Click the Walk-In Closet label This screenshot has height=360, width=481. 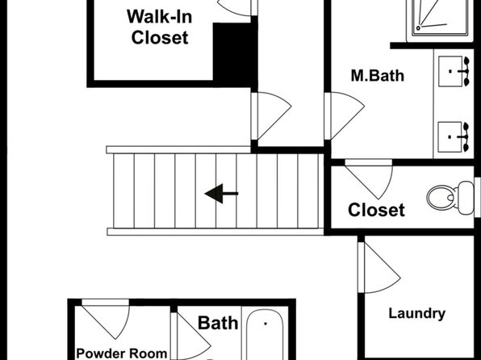click(160, 27)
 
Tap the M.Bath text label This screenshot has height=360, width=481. click(378, 76)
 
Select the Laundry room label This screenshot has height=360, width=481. click(417, 314)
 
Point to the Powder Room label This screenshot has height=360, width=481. click(122, 354)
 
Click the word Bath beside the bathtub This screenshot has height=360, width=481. click(218, 323)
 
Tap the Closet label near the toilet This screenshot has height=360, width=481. click(376, 210)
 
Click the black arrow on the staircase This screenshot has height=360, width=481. click(221, 194)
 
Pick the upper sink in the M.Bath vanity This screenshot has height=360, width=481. click(454, 71)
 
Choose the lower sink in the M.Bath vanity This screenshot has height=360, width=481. click(454, 137)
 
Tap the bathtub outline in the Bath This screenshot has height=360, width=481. click(265, 335)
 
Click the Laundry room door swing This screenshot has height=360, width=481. click(379, 267)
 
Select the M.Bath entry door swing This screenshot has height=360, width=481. click(345, 116)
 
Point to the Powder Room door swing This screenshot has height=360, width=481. click(106, 319)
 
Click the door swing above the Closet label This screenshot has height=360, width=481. click(369, 179)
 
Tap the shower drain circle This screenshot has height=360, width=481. click(418, 28)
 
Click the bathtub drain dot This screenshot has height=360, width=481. click(266, 324)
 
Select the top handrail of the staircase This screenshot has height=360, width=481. click(178, 150)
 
